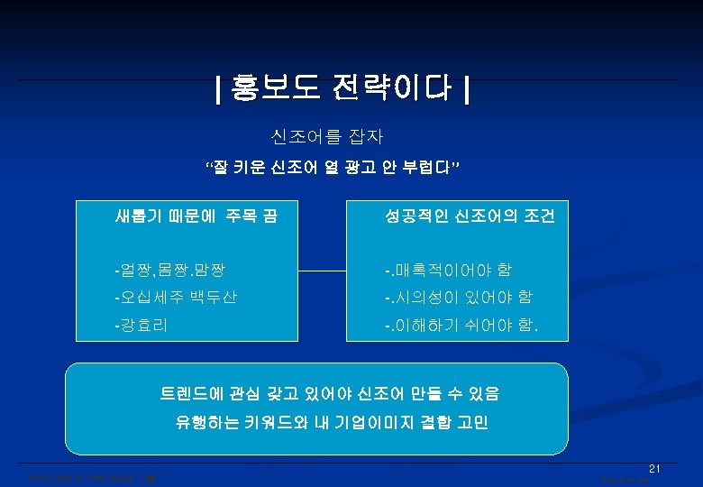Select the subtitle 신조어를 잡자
click(x=327, y=137)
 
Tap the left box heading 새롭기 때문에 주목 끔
click(x=196, y=216)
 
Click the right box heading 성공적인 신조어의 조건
click(x=470, y=216)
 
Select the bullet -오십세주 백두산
click(x=175, y=297)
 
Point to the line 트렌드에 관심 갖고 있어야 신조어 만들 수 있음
click(x=329, y=393)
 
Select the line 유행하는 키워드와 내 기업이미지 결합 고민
click(x=331, y=422)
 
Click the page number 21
click(x=655, y=468)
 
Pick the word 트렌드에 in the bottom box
click(x=188, y=393)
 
